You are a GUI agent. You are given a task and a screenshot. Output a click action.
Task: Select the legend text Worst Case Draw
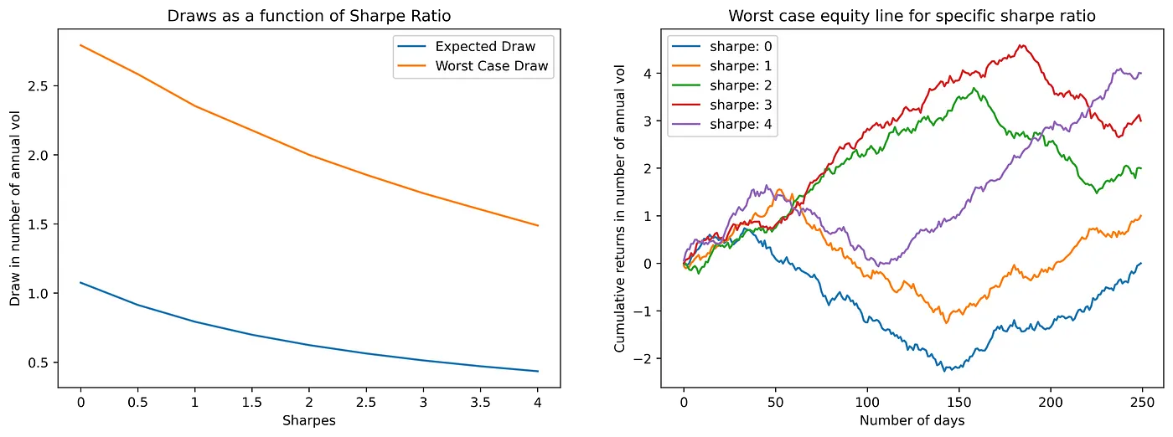(x=493, y=66)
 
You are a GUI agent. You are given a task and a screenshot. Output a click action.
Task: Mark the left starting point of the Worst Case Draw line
(x=80, y=45)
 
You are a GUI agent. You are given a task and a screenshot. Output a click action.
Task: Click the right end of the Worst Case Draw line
(x=538, y=225)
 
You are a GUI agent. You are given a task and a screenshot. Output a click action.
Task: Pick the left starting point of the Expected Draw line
(x=80, y=282)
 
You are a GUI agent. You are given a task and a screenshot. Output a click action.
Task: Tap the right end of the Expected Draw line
(x=538, y=371)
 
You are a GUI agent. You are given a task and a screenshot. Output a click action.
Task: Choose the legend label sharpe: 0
(x=741, y=46)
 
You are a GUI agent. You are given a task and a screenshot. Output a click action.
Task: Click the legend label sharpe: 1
(x=741, y=66)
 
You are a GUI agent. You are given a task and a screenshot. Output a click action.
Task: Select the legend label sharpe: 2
(x=741, y=85)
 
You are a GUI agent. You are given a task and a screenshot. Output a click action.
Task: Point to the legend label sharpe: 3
(x=741, y=105)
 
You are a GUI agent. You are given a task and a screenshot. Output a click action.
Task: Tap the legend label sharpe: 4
(x=741, y=126)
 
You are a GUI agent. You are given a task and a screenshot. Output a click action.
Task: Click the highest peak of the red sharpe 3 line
(x=1021, y=45)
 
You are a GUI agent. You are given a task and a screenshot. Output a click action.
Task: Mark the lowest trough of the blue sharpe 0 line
(x=946, y=370)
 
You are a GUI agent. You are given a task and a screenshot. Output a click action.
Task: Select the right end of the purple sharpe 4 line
(x=1141, y=74)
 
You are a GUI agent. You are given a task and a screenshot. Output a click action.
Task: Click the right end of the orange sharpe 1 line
(x=1141, y=216)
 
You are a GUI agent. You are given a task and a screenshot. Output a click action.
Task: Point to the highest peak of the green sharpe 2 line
(x=974, y=88)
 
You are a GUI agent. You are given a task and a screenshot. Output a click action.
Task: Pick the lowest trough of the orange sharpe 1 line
(x=947, y=322)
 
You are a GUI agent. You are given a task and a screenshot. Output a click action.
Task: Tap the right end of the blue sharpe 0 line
(x=1141, y=263)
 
